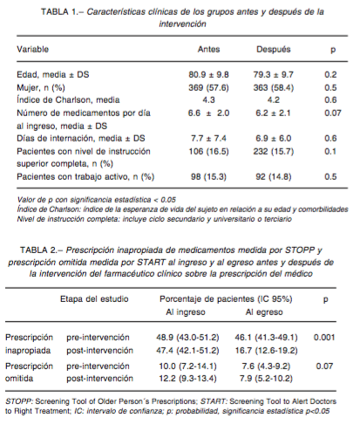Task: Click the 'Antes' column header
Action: click(x=208, y=49)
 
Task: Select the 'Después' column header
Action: click(x=274, y=50)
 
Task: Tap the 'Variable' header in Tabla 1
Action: click(x=32, y=49)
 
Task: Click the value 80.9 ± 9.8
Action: click(x=208, y=75)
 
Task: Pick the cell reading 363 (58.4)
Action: click(x=274, y=87)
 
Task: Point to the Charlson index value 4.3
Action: click(x=208, y=100)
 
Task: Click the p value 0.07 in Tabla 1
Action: click(x=333, y=113)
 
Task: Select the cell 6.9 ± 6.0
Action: click(x=274, y=138)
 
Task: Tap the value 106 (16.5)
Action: click(x=208, y=151)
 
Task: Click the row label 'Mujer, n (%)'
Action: click(x=41, y=87)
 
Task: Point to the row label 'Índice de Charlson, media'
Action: click(x=68, y=100)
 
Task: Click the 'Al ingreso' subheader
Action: click(x=186, y=312)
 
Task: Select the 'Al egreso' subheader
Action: click(x=264, y=312)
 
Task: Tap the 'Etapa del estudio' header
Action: click(x=94, y=299)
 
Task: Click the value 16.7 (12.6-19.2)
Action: click(x=267, y=351)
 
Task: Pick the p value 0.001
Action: click(x=324, y=338)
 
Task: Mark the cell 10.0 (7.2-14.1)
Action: click(x=187, y=366)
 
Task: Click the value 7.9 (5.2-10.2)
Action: click(x=266, y=379)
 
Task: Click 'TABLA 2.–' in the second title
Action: click(x=42, y=250)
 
